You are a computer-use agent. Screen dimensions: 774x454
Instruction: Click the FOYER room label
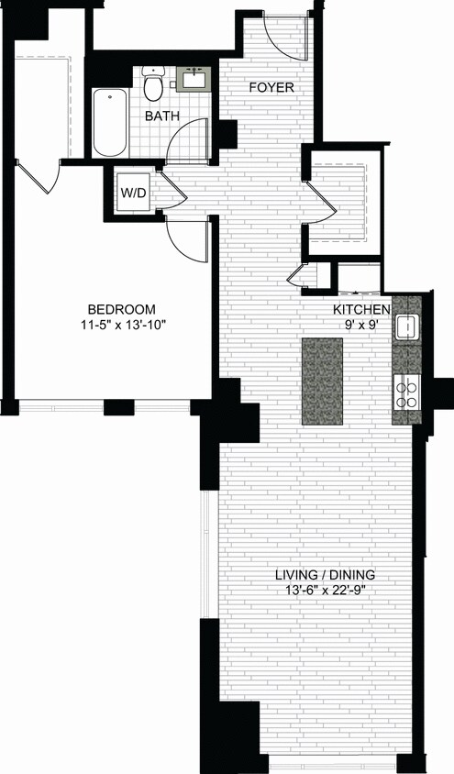271,88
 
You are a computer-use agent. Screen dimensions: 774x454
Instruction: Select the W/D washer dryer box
132,193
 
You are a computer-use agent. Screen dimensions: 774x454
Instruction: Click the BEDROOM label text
121,309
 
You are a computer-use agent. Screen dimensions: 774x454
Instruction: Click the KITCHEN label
361,309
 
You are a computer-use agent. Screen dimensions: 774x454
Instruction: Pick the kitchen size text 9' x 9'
361,324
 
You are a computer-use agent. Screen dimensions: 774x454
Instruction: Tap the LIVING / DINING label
326,576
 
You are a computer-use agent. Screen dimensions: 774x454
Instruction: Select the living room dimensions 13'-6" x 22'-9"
326,592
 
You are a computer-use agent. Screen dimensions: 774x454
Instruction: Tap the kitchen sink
406,326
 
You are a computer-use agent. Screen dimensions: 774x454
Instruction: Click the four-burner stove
406,393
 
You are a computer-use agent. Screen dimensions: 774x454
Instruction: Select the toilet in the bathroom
153,84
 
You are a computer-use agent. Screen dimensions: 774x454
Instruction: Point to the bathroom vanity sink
194,78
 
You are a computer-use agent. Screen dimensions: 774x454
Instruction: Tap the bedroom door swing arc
183,240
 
